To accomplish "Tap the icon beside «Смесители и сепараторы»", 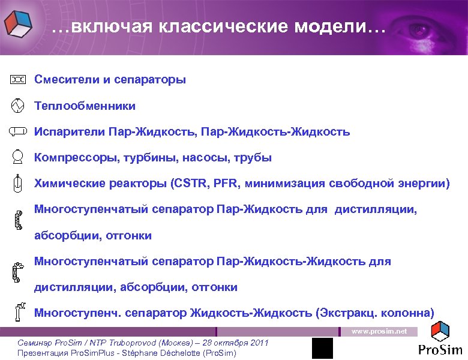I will pyautogui.click(x=18, y=79).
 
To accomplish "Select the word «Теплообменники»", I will pyautogui.click(x=85, y=106).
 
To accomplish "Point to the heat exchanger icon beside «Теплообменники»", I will pyautogui.click(x=18, y=106).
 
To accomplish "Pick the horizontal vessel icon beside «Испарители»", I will pyautogui.click(x=18, y=131).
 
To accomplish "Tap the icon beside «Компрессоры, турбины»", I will pyautogui.click(x=18, y=157).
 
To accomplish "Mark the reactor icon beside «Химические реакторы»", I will pyautogui.click(x=18, y=182).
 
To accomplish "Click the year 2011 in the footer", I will pyautogui.click(x=257, y=343).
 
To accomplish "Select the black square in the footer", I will pyautogui.click(x=322, y=348).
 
